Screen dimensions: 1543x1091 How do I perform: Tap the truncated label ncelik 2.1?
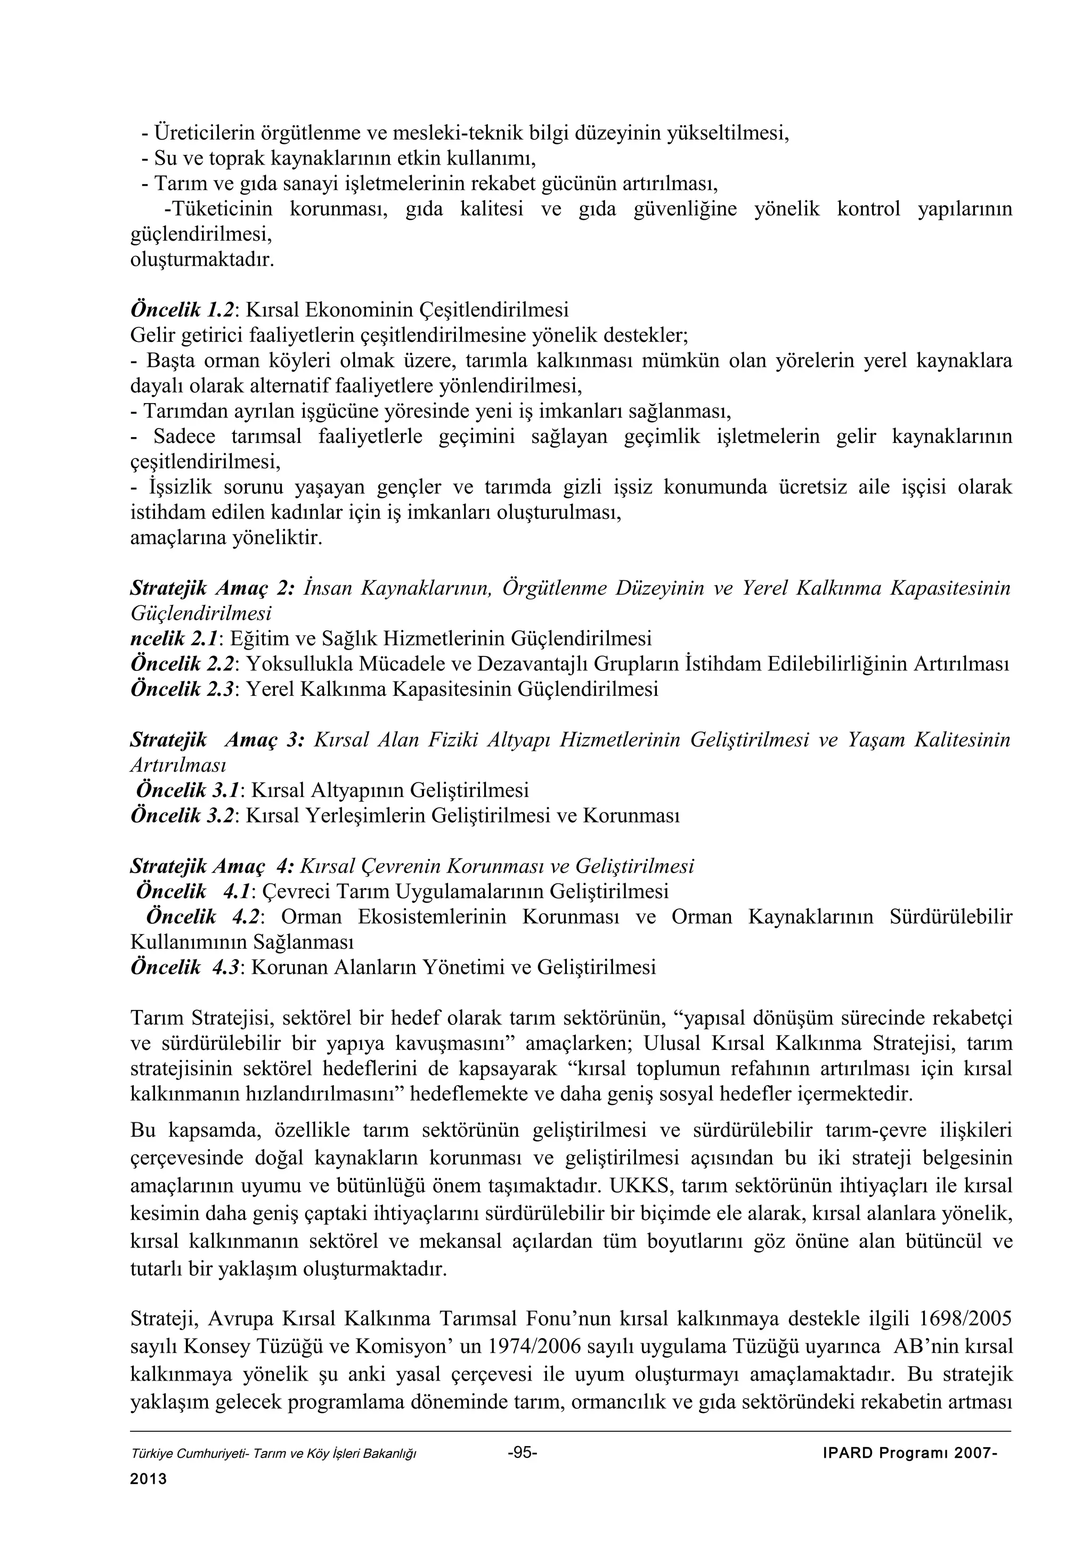(175, 638)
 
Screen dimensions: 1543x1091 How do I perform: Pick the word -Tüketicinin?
(218, 209)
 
